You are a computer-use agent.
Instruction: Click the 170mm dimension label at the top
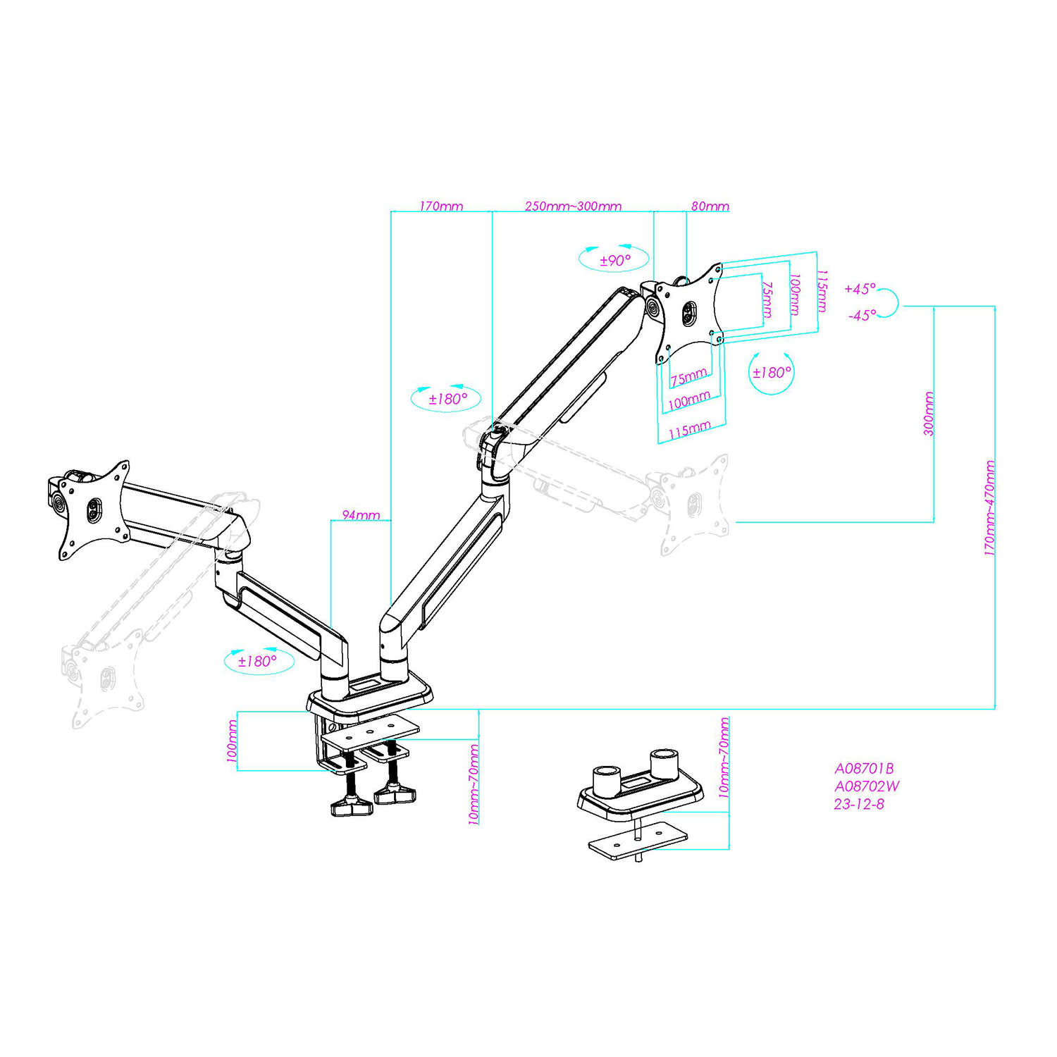441,206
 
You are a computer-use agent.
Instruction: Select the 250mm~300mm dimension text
573,206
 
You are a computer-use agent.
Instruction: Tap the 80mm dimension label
710,206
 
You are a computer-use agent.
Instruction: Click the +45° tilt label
860,290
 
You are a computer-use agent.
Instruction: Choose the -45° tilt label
862,316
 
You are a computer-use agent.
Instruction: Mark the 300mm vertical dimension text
929,414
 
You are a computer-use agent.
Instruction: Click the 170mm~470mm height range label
990,508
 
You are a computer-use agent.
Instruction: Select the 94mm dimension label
361,515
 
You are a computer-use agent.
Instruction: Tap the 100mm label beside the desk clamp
232,740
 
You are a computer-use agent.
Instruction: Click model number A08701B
864,769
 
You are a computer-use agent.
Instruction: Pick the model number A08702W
867,786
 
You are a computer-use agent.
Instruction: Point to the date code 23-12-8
859,804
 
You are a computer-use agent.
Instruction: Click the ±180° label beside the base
257,662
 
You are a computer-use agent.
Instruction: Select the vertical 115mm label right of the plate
822,290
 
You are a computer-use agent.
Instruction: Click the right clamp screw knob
395,794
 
